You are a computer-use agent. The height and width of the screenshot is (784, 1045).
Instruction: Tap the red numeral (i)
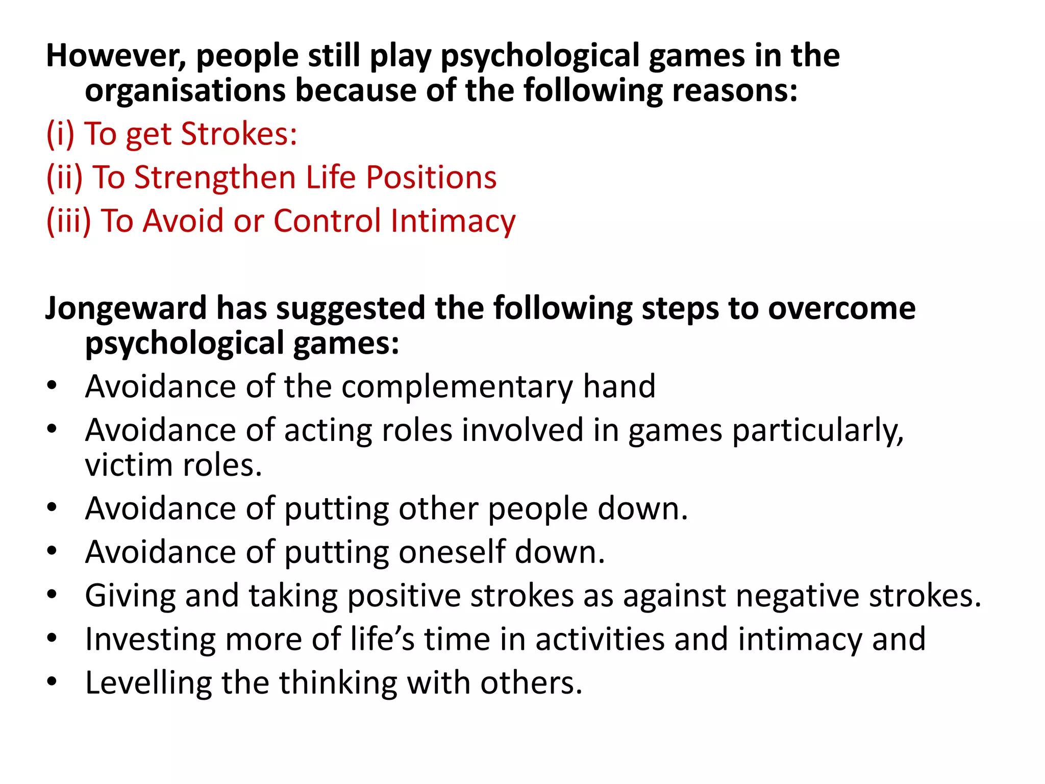[x=60, y=134]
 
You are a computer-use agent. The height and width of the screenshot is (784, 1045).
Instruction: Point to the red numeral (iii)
[x=68, y=221]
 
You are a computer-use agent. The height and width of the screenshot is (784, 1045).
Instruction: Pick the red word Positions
[x=431, y=178]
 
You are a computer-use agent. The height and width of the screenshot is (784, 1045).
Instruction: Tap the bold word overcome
[x=841, y=308]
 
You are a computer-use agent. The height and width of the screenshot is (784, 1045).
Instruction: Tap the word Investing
[x=151, y=639]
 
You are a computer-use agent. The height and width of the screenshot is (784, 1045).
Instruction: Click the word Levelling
[x=148, y=683]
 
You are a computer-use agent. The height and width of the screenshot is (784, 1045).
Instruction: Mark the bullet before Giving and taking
[x=52, y=595]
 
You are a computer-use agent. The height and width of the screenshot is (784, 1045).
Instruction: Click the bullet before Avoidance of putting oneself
[x=52, y=551]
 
